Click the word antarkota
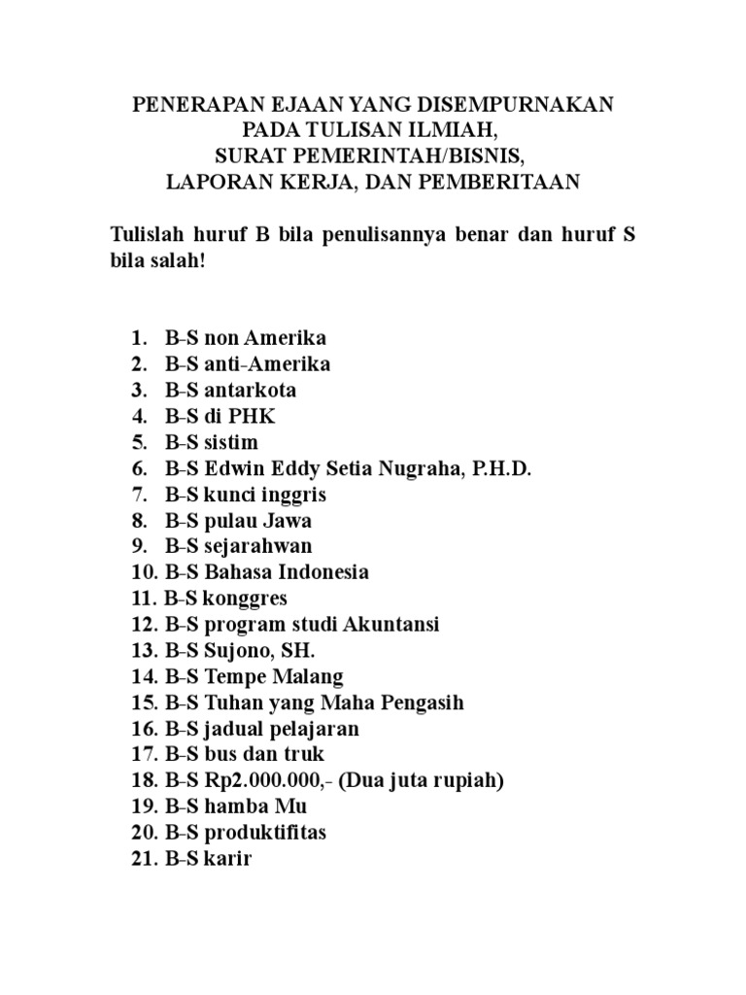tap(251, 391)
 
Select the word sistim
tap(231, 443)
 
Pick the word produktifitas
tap(265, 834)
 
